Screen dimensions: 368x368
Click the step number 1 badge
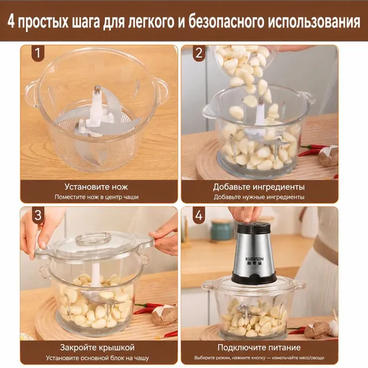(38, 53)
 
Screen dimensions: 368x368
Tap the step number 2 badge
(199, 53)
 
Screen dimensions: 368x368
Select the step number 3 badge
(38, 215)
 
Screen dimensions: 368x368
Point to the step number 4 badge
(199, 215)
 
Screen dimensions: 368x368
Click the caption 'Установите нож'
(96, 187)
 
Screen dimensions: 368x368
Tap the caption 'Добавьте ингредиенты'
(259, 187)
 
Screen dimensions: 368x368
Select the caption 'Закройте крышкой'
(97, 348)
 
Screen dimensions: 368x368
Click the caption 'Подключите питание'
(259, 348)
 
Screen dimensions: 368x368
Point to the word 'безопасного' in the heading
(226, 22)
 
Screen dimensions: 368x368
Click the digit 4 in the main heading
(11, 22)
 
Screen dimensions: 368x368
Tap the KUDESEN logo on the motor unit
(255, 259)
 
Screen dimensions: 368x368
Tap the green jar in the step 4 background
(221, 230)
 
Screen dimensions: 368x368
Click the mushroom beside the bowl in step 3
(164, 315)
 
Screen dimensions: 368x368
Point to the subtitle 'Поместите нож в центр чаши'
(97, 197)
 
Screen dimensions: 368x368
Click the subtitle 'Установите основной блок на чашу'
(98, 358)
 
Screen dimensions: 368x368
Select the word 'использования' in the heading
(314, 22)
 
